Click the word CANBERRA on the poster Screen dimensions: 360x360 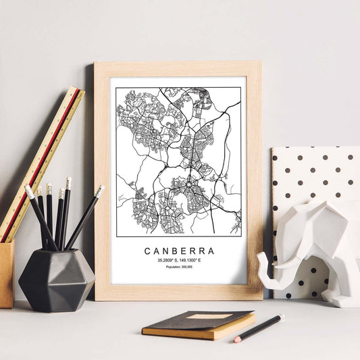179,251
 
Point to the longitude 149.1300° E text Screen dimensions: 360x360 192,260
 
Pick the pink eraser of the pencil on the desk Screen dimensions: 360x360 237,339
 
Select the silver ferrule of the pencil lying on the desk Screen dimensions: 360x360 242,336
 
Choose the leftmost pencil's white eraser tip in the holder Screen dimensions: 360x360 29,192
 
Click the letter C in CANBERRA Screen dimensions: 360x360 148,251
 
